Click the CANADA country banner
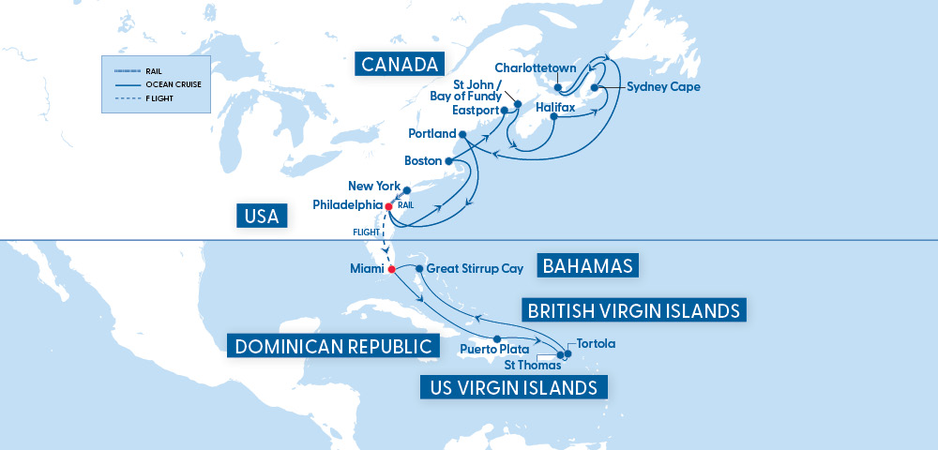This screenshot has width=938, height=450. click(400, 65)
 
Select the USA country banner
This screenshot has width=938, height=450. click(262, 217)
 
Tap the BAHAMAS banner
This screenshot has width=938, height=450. click(588, 265)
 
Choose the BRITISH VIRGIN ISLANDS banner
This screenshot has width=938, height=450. click(634, 310)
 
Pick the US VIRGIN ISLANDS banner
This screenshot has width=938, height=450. click(513, 386)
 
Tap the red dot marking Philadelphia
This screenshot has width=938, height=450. click(387, 204)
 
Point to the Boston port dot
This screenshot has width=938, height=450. click(448, 161)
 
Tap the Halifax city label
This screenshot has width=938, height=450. click(555, 108)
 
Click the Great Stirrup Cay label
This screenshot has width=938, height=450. click(474, 268)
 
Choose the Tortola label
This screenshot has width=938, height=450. click(597, 343)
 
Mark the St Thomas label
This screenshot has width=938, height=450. click(533, 365)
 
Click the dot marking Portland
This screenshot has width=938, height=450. click(461, 134)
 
